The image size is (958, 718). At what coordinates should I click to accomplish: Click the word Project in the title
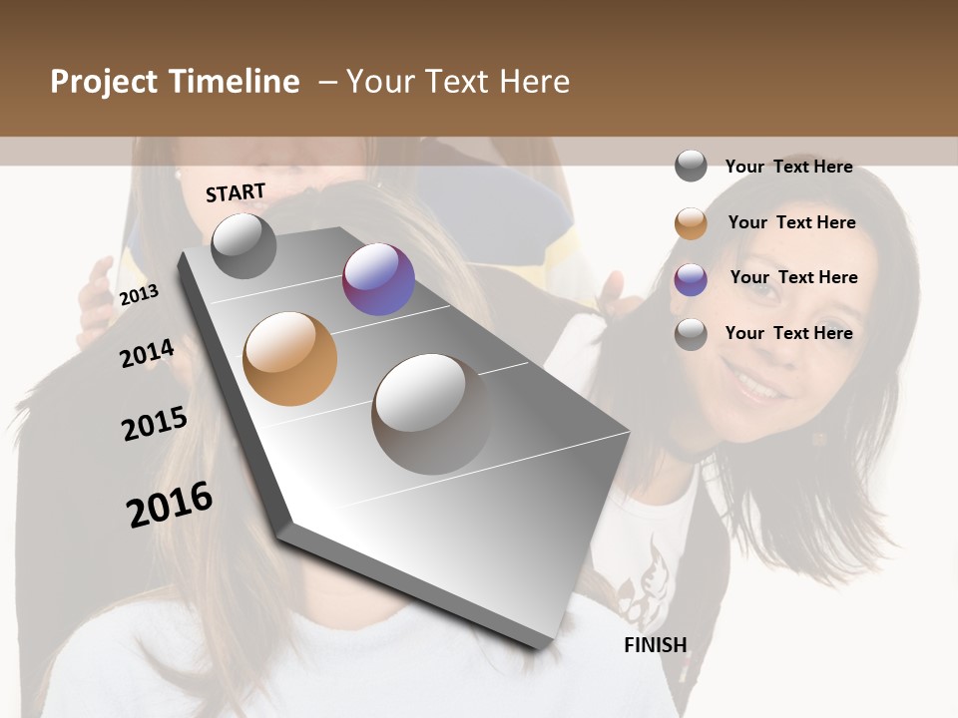(x=105, y=82)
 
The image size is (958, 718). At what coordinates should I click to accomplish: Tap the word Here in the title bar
(x=534, y=82)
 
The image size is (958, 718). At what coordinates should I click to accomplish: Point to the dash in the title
(x=327, y=82)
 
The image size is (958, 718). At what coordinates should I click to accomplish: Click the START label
(x=236, y=192)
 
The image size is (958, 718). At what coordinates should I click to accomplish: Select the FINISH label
(x=655, y=645)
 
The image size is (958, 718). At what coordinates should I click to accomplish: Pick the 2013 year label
(x=139, y=295)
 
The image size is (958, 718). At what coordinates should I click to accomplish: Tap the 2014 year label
(x=147, y=353)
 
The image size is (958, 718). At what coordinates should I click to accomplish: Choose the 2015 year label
(x=155, y=424)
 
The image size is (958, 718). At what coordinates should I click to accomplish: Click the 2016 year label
(x=170, y=505)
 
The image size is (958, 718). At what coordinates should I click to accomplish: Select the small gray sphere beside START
(x=243, y=245)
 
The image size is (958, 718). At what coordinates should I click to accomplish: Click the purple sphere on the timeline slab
(x=378, y=279)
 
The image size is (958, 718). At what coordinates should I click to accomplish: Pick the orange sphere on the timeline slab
(x=289, y=359)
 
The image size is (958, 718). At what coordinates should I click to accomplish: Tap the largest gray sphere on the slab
(x=431, y=413)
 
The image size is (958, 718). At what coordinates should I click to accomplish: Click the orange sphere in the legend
(x=691, y=223)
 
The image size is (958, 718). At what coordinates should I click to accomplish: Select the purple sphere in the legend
(x=691, y=279)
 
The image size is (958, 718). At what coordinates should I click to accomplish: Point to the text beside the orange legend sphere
(x=791, y=222)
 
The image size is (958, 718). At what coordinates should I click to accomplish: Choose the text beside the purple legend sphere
(x=793, y=277)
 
